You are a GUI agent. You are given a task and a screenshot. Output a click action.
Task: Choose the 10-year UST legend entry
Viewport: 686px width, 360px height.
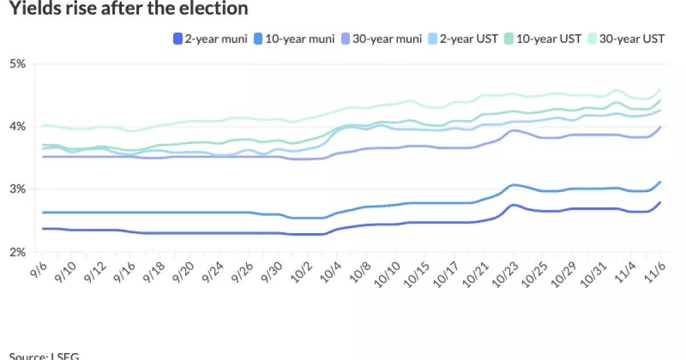click(x=544, y=39)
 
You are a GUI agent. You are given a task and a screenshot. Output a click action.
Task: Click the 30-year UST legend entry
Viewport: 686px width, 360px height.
click(x=627, y=39)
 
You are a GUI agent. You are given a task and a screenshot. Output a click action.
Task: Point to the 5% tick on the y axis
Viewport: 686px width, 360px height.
click(x=17, y=64)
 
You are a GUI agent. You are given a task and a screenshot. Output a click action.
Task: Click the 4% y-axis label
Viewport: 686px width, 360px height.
click(x=17, y=126)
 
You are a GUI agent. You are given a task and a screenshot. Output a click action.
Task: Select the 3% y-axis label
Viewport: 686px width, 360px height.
click(x=17, y=189)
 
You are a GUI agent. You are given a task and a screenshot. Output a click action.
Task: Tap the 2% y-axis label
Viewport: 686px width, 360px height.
click(x=17, y=252)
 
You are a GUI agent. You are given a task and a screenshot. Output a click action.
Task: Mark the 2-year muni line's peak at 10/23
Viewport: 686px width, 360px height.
click(x=513, y=205)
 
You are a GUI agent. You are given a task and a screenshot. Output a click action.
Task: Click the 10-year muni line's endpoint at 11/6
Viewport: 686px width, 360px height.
click(x=661, y=182)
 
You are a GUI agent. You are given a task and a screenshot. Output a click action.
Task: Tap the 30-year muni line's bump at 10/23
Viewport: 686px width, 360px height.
click(x=513, y=130)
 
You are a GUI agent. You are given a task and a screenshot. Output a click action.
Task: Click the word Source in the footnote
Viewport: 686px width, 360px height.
click(x=26, y=356)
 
